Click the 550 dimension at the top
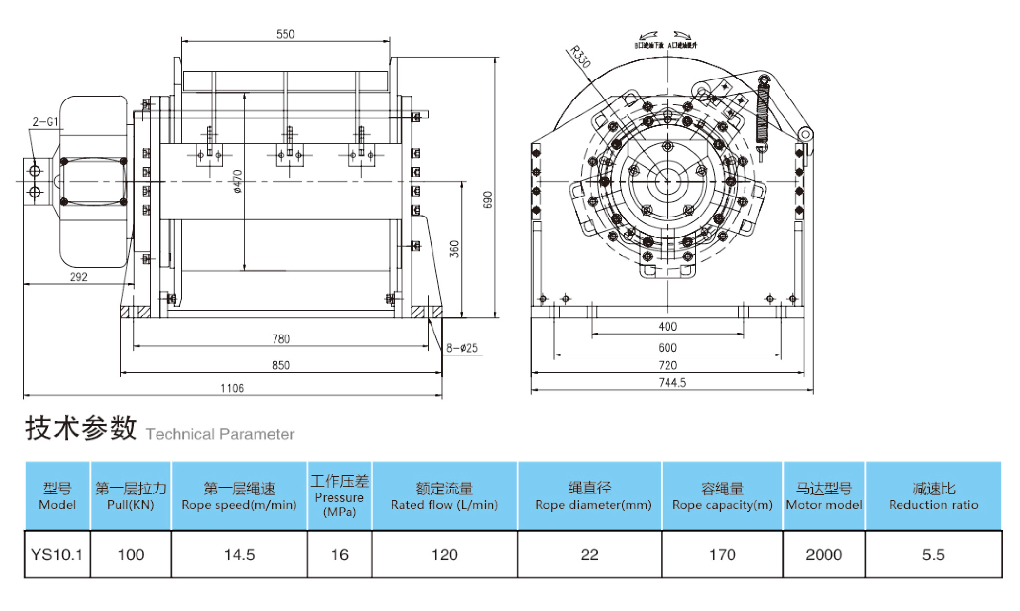point(285,34)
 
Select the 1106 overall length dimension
point(232,388)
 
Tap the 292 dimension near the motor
point(78,277)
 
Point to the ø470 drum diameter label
point(237,181)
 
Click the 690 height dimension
point(488,199)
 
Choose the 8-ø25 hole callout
point(462,348)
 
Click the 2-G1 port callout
point(45,121)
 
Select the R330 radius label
point(581,57)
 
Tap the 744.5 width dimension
point(672,383)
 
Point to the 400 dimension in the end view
point(667,326)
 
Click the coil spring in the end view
point(763,115)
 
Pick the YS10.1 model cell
point(57,554)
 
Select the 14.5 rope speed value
point(239,554)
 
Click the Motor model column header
point(824,496)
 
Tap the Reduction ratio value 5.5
point(933,554)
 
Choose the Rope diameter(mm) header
point(593,496)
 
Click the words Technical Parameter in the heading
point(220,434)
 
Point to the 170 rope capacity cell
point(722,554)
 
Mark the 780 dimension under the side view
point(281,338)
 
